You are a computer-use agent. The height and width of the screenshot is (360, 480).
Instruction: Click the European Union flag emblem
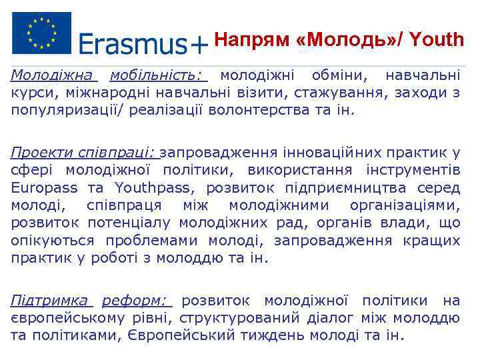(41, 33)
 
